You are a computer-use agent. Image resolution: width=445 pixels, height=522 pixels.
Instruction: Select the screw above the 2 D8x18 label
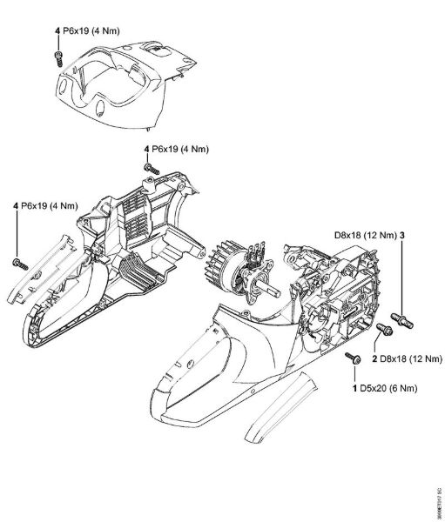coord(381,329)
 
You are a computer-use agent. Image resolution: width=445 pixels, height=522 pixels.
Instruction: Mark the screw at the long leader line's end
coord(17,262)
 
